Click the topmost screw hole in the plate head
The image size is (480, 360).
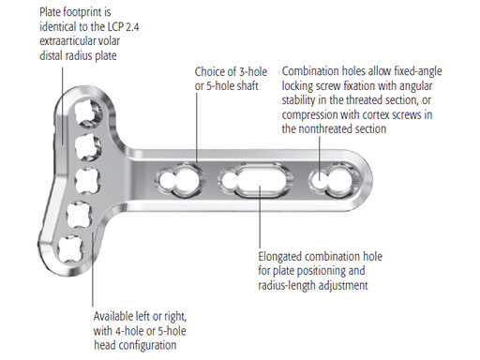tap(88, 112)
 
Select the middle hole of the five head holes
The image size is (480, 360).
tap(88, 181)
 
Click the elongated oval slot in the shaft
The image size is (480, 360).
tap(261, 180)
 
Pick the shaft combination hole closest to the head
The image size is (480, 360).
tap(179, 180)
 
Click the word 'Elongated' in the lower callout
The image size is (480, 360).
tap(279, 257)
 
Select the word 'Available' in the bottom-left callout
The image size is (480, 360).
tap(113, 316)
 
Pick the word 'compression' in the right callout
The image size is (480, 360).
tap(309, 115)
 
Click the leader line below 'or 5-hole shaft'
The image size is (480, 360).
tap(197, 127)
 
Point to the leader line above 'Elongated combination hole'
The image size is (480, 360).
tap(260, 217)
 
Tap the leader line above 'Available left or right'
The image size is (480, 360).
tap(93, 269)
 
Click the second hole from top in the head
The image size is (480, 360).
tap(88, 147)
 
